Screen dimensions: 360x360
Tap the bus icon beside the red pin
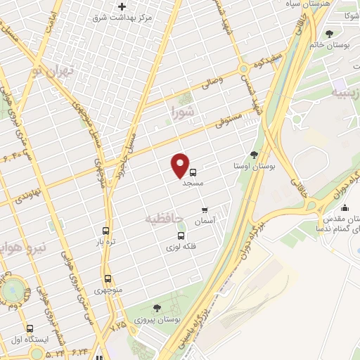pyautogui.click(x=193, y=170)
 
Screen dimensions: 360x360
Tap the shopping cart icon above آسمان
pyautogui.click(x=205, y=210)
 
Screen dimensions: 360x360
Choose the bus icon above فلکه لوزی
pyautogui.click(x=181, y=235)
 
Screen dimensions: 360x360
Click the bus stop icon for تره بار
pyautogui.click(x=106, y=231)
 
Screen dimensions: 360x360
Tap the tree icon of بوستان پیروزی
pyautogui.click(x=156, y=307)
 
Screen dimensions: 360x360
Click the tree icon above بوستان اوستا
pyautogui.click(x=254, y=155)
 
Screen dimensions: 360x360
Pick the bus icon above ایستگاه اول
pyautogui.click(x=30, y=328)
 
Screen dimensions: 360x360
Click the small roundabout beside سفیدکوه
pyautogui.click(x=244, y=69)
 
